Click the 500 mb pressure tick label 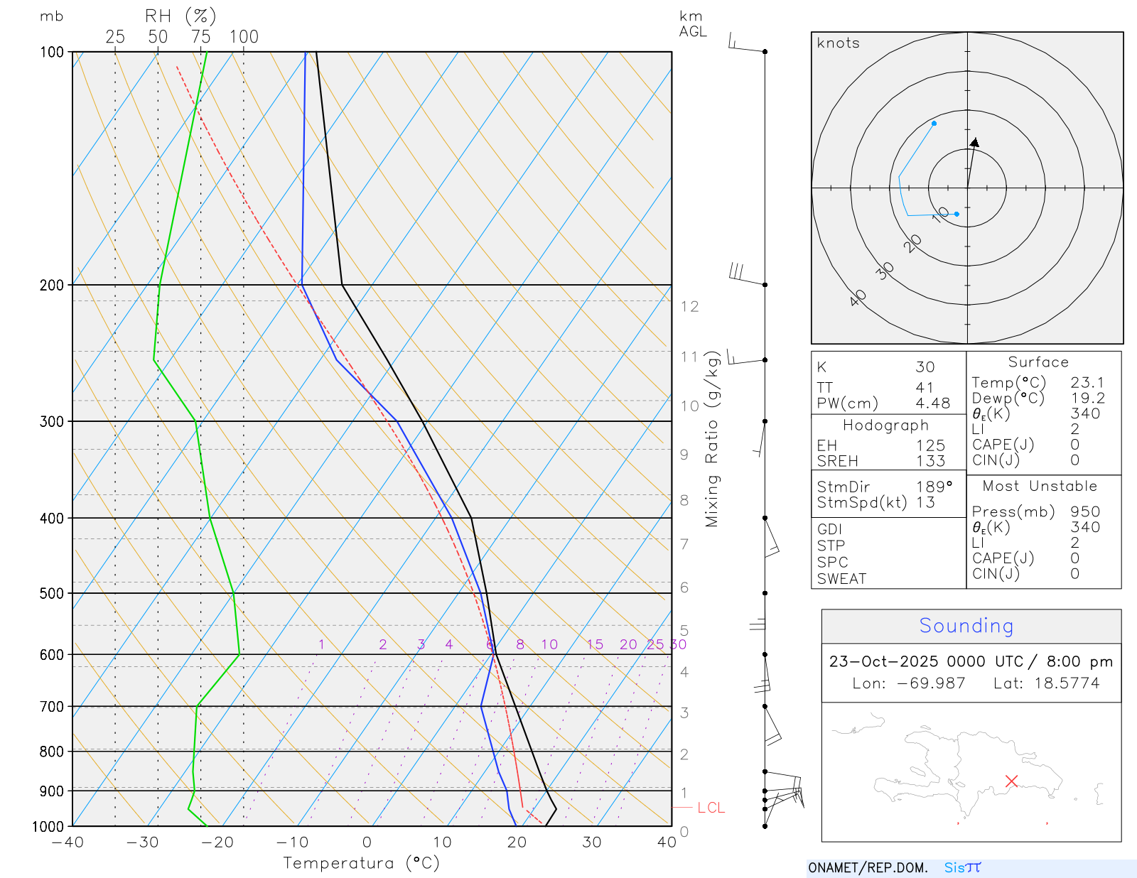click(52, 593)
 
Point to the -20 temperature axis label click(217, 842)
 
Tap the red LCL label click(711, 808)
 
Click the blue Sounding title click(966, 626)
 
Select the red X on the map click(1011, 781)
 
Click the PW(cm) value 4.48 click(932, 403)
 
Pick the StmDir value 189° click(934, 487)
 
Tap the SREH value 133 click(930, 461)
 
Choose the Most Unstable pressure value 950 click(1085, 511)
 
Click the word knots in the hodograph click(838, 43)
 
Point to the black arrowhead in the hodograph click(975, 143)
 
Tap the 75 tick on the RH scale click(201, 37)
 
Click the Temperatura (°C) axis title click(361, 863)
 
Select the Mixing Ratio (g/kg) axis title click(712, 438)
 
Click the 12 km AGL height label click(689, 307)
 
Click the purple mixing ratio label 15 click(595, 644)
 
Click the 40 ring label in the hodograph click(858, 298)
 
